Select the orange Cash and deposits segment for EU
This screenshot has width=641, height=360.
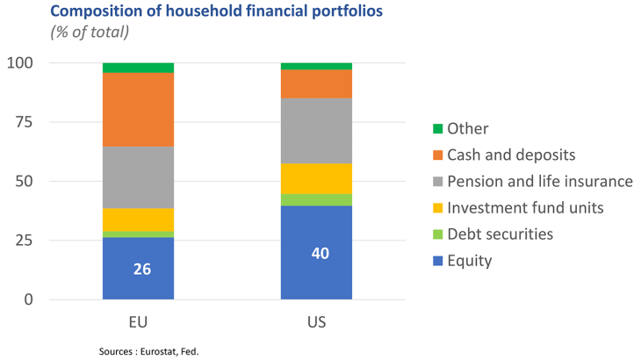click(138, 110)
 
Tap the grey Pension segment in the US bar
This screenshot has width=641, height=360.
click(316, 131)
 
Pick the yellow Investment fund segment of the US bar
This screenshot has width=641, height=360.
click(316, 178)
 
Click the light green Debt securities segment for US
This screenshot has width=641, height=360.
click(316, 199)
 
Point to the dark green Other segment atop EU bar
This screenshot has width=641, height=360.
click(138, 68)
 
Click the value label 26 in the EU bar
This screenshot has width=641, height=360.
click(141, 269)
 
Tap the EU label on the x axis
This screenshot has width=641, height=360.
click(138, 321)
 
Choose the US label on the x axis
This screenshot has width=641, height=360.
click(316, 321)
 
